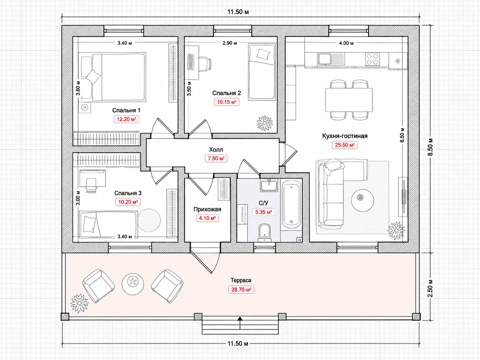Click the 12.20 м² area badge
coord(126,119)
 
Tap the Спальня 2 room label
coord(226,93)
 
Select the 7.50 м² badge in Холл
coord(216,158)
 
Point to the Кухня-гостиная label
coord(345,136)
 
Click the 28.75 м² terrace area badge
coord(241,290)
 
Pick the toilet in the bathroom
coord(265,233)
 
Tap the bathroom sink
coord(269,185)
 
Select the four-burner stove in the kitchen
coord(372,59)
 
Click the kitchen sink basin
coord(325,59)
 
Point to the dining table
coord(349,100)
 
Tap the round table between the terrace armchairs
coord(133,284)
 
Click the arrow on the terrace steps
coord(240,323)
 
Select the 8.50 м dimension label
coord(430,147)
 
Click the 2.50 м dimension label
coord(430,288)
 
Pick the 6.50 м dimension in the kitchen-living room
coord(402,135)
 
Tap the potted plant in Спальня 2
coord(265,123)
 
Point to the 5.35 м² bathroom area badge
coord(264,212)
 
